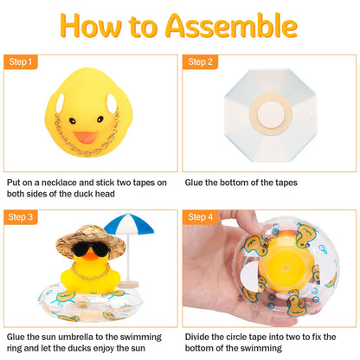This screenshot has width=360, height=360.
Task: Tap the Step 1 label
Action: [22, 62]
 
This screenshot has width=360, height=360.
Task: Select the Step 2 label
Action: [202, 62]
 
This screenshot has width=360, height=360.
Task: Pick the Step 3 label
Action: [22, 217]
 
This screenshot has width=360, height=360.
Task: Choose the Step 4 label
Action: [202, 217]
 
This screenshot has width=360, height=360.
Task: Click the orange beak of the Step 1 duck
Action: [85, 136]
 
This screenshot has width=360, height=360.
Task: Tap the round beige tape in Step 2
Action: [264, 112]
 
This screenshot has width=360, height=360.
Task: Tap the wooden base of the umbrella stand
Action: [129, 282]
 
